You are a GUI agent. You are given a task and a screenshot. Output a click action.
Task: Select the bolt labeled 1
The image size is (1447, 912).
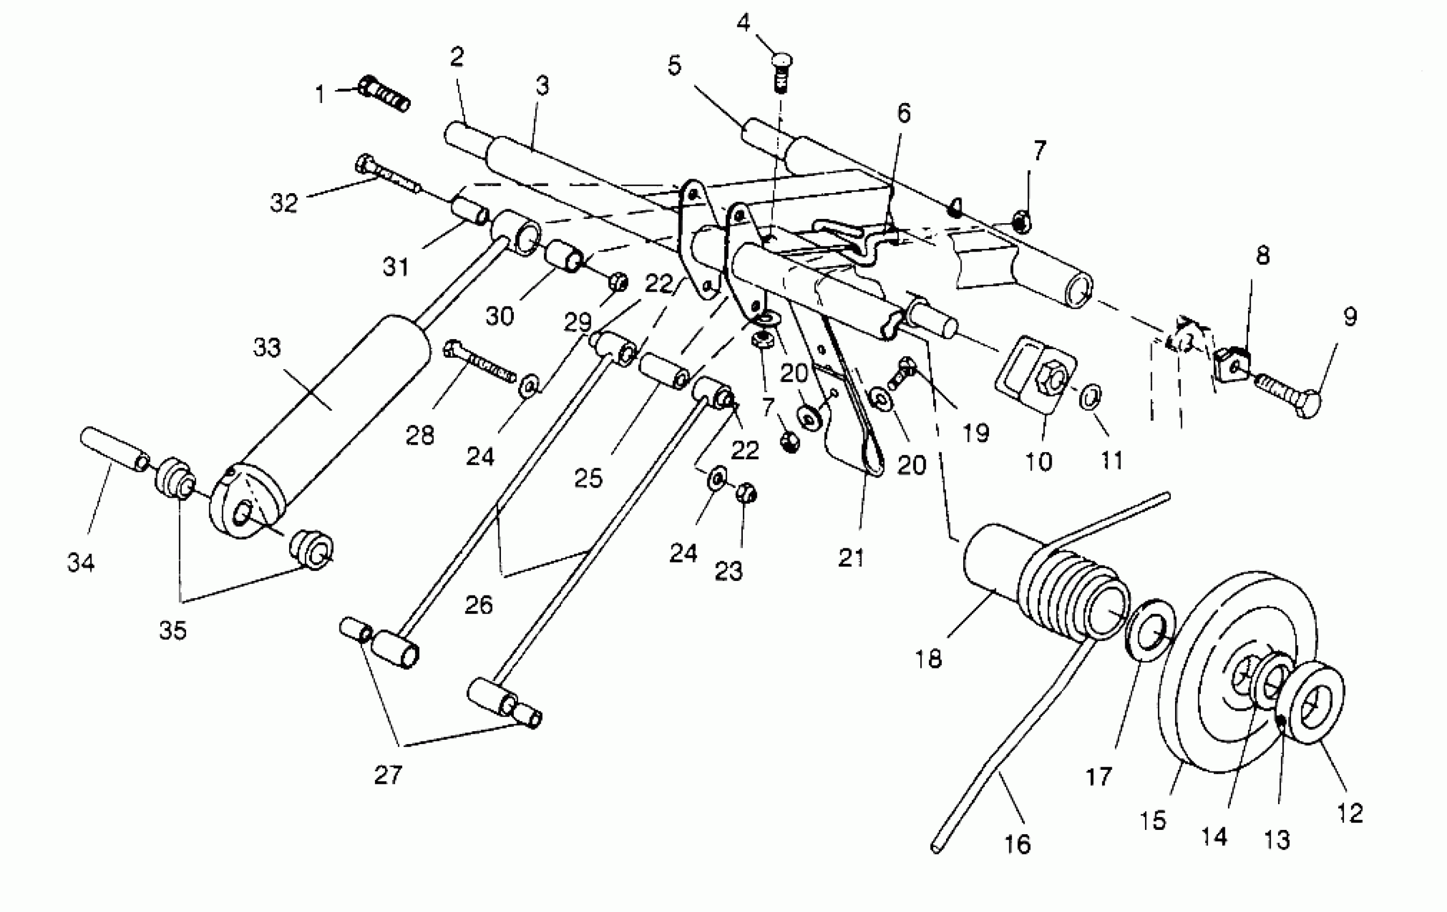(x=385, y=97)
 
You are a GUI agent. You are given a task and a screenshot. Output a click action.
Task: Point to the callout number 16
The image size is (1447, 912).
(x=1017, y=844)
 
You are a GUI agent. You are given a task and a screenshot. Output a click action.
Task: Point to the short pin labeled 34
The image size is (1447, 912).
(x=114, y=450)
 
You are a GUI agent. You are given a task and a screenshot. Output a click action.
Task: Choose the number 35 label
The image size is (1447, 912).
(x=173, y=631)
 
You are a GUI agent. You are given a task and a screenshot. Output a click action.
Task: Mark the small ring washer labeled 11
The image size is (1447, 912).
(x=1091, y=397)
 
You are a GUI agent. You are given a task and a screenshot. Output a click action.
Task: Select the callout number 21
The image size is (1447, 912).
(x=852, y=558)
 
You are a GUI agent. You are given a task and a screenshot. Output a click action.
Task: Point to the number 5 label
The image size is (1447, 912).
(x=674, y=65)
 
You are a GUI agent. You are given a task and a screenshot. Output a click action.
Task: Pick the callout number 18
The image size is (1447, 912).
(x=928, y=659)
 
